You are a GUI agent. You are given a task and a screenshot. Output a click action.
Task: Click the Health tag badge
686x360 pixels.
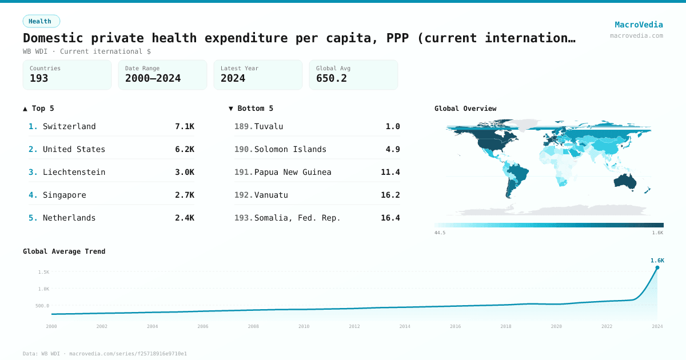(x=41, y=21)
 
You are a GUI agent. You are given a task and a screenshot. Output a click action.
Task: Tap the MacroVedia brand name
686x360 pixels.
(x=639, y=25)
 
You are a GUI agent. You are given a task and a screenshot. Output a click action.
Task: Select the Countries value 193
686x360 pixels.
(x=39, y=78)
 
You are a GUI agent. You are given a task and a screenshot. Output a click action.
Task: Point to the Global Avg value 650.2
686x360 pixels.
(x=332, y=78)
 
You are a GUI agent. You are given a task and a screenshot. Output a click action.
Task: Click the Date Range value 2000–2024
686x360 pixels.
(x=153, y=78)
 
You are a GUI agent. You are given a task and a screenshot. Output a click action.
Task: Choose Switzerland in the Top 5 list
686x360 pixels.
(x=69, y=126)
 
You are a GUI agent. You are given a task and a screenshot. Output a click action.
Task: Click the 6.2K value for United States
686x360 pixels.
(x=185, y=149)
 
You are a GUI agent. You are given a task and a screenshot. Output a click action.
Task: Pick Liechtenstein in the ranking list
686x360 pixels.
(x=74, y=172)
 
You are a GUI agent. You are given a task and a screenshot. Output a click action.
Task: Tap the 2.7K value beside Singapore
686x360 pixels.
(x=185, y=195)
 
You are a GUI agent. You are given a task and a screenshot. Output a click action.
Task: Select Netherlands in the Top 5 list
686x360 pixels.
(x=69, y=218)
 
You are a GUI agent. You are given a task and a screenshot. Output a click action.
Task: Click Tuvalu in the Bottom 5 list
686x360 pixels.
(x=269, y=126)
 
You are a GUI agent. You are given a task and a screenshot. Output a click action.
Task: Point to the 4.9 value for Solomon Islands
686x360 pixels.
(x=393, y=149)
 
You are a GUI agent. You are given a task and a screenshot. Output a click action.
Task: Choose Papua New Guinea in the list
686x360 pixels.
(x=293, y=172)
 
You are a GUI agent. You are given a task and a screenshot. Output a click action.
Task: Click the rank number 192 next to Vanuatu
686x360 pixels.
(x=244, y=195)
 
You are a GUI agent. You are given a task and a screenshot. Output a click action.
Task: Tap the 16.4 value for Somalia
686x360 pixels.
(x=390, y=218)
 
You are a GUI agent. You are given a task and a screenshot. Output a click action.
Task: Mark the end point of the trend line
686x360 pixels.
(x=657, y=267)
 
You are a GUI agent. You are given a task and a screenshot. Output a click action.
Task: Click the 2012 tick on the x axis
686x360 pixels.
(x=354, y=326)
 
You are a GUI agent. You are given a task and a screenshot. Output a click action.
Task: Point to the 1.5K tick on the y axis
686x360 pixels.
(x=43, y=272)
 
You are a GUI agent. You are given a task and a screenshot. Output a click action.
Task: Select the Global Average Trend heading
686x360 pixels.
(x=64, y=251)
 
